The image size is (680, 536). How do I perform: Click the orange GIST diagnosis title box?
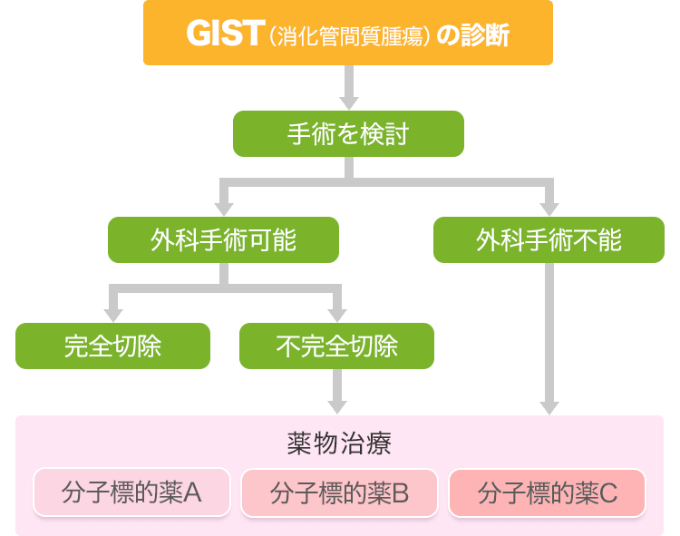(x=348, y=34)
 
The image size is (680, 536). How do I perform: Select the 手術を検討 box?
(x=348, y=134)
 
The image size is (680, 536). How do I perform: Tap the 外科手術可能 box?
(x=223, y=239)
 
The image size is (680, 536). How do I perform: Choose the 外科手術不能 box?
(x=549, y=239)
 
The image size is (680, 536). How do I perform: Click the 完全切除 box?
(x=112, y=346)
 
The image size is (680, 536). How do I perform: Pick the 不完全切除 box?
(x=336, y=346)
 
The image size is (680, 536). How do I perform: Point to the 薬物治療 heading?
(x=339, y=443)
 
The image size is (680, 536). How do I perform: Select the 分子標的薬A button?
(x=132, y=492)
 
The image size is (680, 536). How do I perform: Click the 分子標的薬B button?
(x=340, y=492)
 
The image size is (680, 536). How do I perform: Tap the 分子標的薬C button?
(x=548, y=492)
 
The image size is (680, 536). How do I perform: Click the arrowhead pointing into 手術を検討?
(x=348, y=102)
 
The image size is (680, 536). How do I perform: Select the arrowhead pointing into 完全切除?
(x=112, y=314)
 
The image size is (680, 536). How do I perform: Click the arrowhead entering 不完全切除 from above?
(x=336, y=314)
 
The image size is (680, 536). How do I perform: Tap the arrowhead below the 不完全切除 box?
(x=336, y=404)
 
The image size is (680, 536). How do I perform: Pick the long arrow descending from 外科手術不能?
(x=549, y=336)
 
